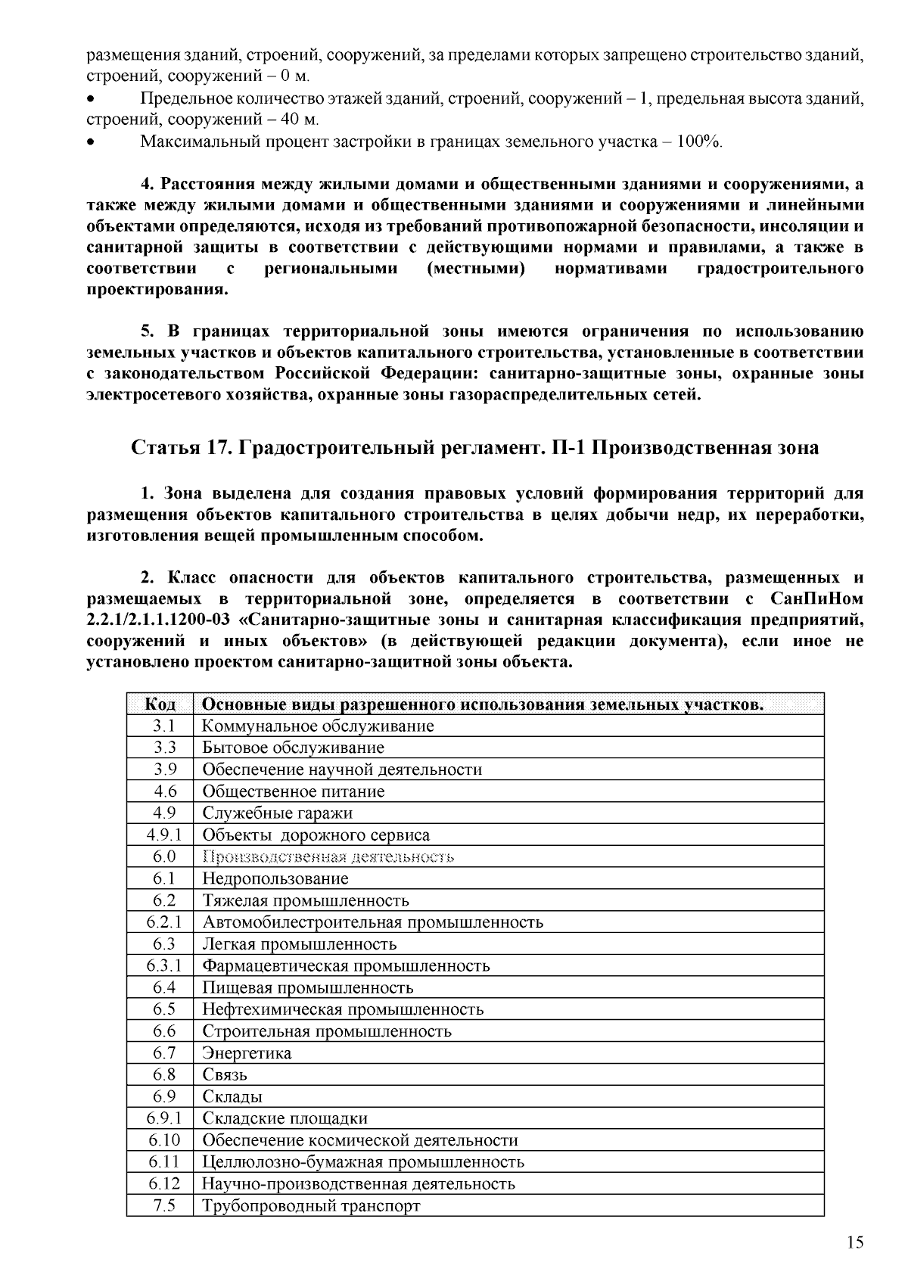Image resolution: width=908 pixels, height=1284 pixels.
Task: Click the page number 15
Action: coord(854,1243)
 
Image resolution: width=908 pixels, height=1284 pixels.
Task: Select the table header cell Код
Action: coord(160,705)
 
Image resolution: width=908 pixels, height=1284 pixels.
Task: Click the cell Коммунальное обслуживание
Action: coord(318,726)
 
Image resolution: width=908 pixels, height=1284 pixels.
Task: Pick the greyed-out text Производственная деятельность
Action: coord(328,857)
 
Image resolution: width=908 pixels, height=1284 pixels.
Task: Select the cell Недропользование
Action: coord(275,879)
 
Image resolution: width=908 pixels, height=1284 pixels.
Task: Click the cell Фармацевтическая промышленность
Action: coord(346,966)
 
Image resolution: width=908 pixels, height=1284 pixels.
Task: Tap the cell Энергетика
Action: coord(247,1053)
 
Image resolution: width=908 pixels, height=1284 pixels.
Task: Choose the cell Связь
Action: coord(225,1075)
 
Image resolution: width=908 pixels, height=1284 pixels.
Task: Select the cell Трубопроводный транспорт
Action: coord(311,1206)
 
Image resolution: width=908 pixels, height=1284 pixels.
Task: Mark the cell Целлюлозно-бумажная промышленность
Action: coord(363,1162)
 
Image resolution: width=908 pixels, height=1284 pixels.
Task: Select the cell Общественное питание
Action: coord(294,792)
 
